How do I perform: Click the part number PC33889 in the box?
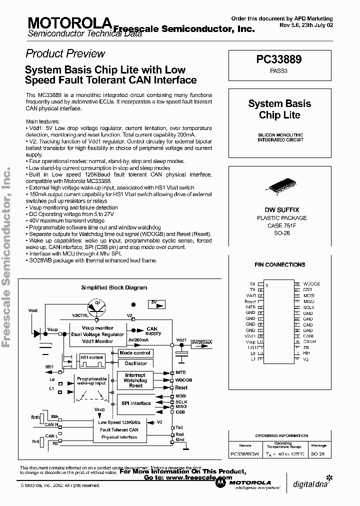coord(279,59)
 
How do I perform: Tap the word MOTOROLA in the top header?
coord(69,22)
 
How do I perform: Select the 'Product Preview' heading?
coord(65,54)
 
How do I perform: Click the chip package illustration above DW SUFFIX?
coord(279,185)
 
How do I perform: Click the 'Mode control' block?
coord(135,353)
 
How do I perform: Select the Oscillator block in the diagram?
coord(135,363)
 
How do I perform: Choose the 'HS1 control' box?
coord(91,357)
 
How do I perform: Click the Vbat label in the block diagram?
coord(33,310)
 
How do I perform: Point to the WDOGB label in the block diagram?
coord(183,380)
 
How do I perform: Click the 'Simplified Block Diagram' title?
coord(114,287)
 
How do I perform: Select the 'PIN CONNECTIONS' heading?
coord(279,264)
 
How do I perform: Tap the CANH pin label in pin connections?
coord(309,341)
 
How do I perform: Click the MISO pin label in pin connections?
coord(308,301)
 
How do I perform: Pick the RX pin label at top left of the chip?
coord(252,284)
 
